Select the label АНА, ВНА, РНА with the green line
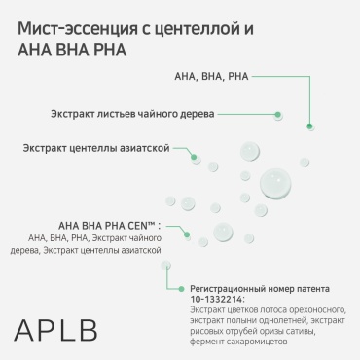211,77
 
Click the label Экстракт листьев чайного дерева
132,114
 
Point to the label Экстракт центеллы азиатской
96,148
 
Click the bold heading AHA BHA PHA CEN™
110,226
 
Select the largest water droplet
275,183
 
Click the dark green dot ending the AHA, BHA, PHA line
309,126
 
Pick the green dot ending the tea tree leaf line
277,115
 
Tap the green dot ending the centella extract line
194,157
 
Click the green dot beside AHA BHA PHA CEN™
187,234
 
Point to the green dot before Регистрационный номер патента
182,289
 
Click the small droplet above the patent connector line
165,266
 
